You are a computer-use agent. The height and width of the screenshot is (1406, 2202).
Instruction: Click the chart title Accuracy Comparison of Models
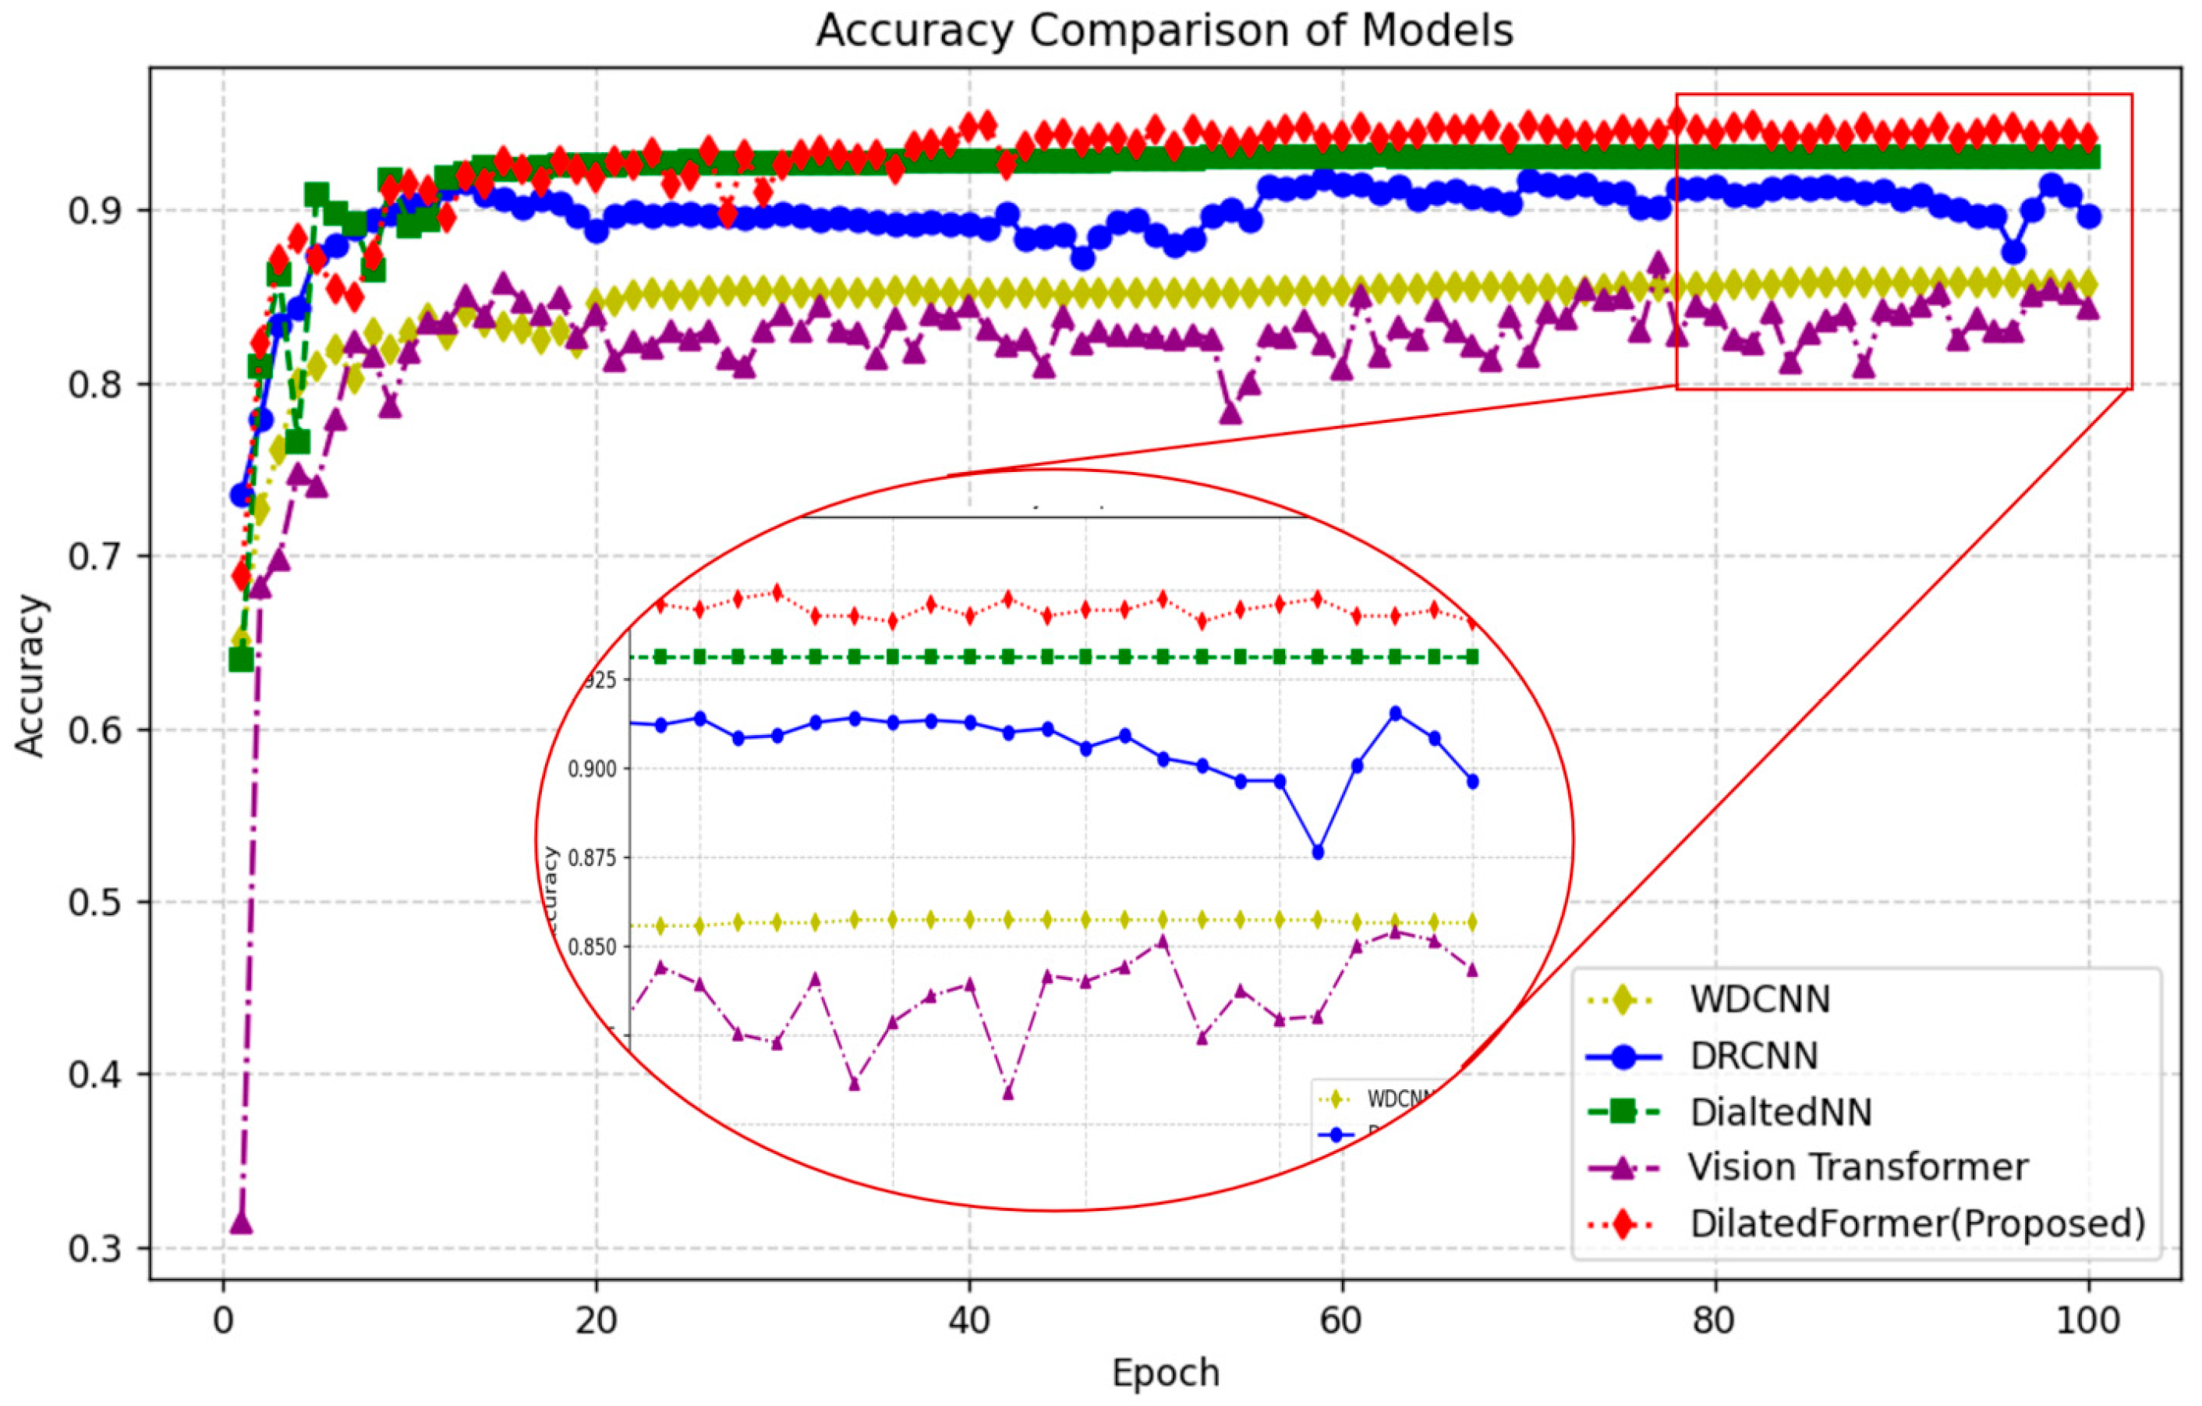point(1164,31)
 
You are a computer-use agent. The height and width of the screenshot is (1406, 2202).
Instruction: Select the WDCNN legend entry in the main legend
point(1759,999)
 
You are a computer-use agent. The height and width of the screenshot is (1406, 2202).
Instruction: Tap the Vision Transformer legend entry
point(1857,1167)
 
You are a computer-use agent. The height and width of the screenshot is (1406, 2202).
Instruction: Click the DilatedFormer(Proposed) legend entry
point(1917,1224)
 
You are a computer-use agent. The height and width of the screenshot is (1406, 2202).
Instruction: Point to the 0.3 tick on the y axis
point(95,1248)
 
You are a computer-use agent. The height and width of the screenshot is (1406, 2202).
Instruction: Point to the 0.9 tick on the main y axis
point(95,211)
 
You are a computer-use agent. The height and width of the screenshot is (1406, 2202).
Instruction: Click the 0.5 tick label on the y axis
point(95,903)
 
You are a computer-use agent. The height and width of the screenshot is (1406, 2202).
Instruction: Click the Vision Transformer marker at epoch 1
point(242,1222)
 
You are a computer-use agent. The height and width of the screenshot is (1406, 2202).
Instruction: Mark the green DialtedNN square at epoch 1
point(242,659)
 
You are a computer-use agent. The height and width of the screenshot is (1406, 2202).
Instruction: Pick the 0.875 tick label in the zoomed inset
point(592,858)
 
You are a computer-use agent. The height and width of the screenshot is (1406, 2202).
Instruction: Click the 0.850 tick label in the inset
point(592,946)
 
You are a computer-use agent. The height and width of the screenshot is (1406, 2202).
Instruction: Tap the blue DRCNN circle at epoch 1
point(242,495)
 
